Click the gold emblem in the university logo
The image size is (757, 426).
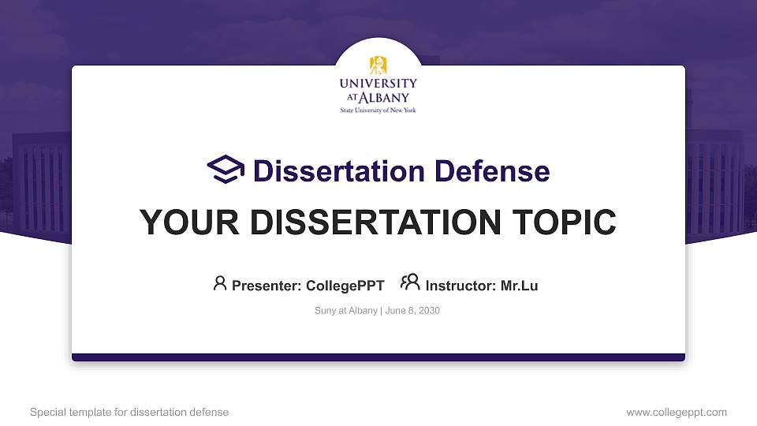[x=378, y=65]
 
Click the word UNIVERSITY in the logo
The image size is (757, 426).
[x=378, y=84]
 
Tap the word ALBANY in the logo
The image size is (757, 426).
[x=386, y=98]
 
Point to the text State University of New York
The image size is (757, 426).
[x=378, y=110]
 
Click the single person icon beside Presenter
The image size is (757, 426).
[x=220, y=283]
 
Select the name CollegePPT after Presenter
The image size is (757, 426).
[x=345, y=286]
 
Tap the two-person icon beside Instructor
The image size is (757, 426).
[x=410, y=282]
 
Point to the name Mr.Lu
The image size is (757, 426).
[x=520, y=286]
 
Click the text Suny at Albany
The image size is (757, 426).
[x=345, y=311]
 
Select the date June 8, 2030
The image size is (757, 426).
[x=412, y=311]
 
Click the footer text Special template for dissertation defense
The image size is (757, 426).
[x=129, y=412]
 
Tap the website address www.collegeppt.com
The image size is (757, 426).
[x=677, y=412]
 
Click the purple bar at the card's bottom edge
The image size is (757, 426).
[x=378, y=357]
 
